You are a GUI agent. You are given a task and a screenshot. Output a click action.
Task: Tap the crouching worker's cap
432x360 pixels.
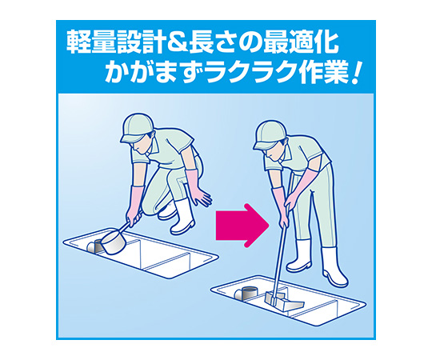136,127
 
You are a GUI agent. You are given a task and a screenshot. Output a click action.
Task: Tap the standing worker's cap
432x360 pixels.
270,134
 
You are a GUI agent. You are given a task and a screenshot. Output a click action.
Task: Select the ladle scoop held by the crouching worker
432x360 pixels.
114,242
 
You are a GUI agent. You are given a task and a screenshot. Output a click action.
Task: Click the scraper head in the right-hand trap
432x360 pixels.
283,301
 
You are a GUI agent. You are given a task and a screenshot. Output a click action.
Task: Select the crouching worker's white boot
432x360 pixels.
182,217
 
